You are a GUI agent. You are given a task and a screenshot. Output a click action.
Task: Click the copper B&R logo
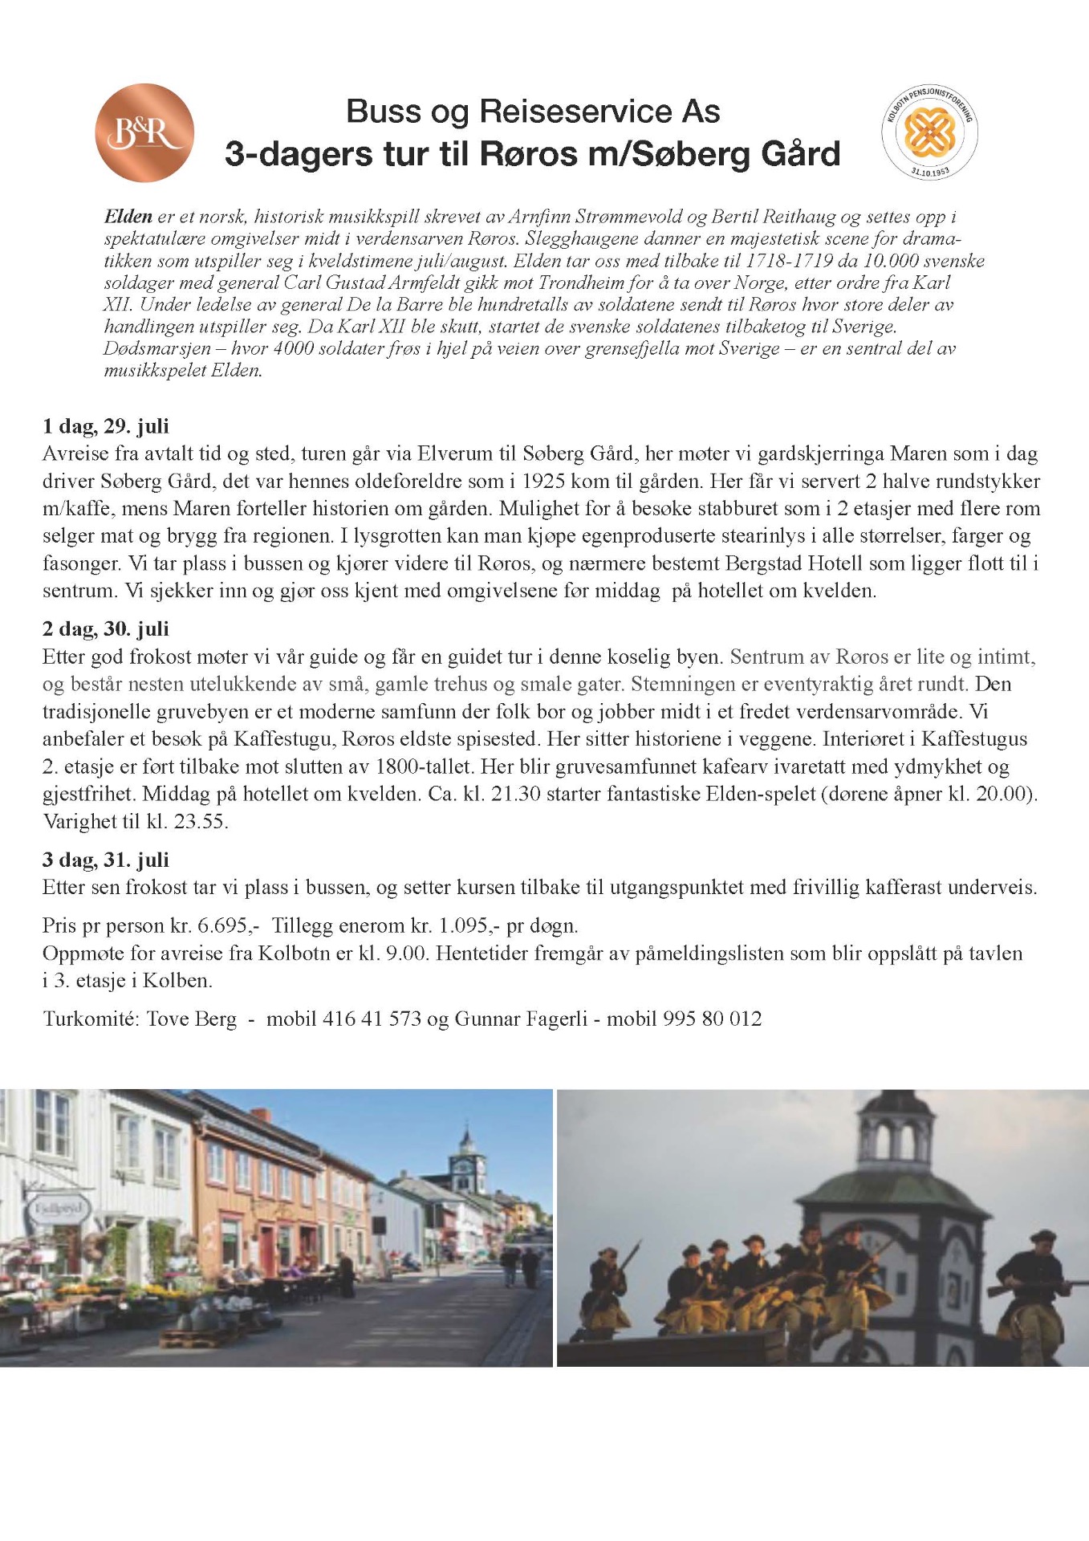pos(144,132)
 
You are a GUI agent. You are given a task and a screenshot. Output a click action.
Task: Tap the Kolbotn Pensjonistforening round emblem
pos(929,132)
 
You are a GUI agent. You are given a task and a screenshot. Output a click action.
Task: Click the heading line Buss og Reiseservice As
pos(533,112)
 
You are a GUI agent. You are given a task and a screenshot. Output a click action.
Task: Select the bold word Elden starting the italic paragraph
pos(128,217)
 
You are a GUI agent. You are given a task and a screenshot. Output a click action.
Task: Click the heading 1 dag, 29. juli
pos(105,426)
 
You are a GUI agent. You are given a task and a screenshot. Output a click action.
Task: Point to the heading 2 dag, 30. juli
pos(105,629)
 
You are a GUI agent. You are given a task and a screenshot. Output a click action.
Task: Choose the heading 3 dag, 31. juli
pos(105,860)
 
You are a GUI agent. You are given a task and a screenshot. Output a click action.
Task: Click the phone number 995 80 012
pos(712,1019)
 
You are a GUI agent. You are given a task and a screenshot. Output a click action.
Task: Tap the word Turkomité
pos(91,1019)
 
